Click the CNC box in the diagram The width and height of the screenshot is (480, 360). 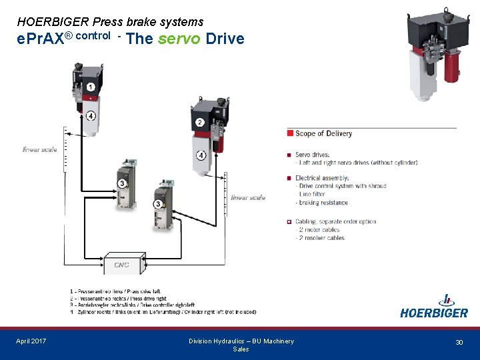pyautogui.click(x=121, y=264)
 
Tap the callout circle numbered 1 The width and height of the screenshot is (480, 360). pyautogui.click(x=90, y=87)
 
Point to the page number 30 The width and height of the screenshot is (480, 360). pyautogui.click(x=459, y=342)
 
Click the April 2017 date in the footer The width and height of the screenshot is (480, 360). pyautogui.click(x=31, y=341)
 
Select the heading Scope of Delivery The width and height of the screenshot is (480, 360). pyautogui.click(x=323, y=133)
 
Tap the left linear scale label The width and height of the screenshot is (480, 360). pyautogui.click(x=40, y=150)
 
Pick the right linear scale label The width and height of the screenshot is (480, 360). pyautogui.click(x=248, y=197)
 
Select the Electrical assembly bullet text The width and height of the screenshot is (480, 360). pyautogui.click(x=322, y=178)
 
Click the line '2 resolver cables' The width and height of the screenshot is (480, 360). pyautogui.click(x=321, y=238)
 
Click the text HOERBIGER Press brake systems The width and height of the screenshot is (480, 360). pyautogui.click(x=110, y=22)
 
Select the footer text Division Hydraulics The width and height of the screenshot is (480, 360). pyautogui.click(x=241, y=341)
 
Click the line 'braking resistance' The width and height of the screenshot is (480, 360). pyautogui.click(x=323, y=203)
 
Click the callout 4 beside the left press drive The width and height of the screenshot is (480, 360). pyautogui.click(x=90, y=115)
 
